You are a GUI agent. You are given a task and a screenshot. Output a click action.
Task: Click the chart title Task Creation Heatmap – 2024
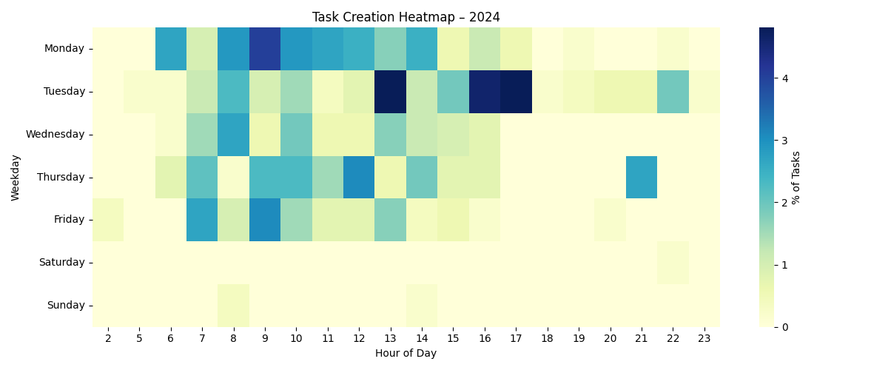(406, 17)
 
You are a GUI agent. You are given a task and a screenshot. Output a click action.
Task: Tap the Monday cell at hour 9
(265, 49)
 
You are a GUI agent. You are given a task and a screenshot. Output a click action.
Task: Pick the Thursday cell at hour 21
(642, 177)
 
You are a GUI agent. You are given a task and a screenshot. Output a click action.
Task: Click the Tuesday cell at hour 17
(516, 92)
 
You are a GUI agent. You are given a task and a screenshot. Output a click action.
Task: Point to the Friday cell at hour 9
(265, 220)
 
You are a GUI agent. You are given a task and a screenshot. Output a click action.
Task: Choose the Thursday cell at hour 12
(359, 177)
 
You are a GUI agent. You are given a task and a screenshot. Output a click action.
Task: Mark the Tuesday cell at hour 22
(673, 92)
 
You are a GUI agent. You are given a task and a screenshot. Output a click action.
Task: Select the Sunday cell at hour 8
(234, 305)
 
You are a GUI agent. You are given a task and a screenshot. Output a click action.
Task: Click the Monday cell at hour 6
(171, 49)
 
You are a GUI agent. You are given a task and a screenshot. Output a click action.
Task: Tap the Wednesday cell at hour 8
(234, 134)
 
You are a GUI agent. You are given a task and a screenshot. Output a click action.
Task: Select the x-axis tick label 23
(704, 337)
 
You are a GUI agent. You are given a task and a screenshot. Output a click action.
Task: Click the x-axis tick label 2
(108, 337)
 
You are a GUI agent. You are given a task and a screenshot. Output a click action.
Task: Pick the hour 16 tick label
(485, 337)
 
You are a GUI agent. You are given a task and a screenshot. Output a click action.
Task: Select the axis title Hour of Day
(406, 354)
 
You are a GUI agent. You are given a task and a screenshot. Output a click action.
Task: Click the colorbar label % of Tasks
(796, 178)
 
